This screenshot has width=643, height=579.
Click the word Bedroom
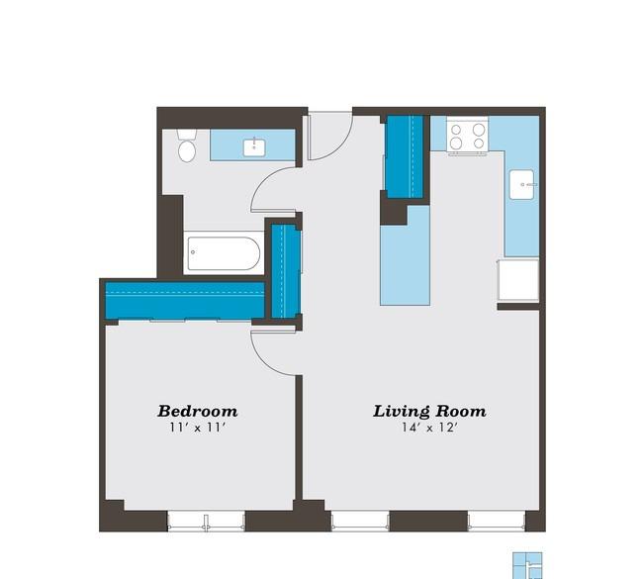click(197, 411)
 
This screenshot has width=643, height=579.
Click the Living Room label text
click(429, 411)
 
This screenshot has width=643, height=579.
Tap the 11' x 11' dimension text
click(198, 428)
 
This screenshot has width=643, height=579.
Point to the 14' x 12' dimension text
click(429, 428)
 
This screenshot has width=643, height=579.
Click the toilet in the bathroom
click(187, 145)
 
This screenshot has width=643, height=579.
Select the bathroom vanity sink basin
click(254, 147)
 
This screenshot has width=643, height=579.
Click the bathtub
click(224, 253)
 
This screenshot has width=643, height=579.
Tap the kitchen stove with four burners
click(467, 136)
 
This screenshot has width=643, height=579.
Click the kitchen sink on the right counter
click(521, 185)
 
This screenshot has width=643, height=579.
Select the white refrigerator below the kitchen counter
click(518, 279)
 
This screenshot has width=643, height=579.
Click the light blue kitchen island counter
click(406, 256)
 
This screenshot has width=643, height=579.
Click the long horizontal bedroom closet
click(185, 300)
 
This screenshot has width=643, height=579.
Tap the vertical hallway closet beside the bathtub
click(286, 271)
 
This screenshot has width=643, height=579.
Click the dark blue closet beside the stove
click(405, 157)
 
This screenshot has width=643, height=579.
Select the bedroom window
click(207, 522)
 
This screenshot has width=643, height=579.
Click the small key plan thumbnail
click(527, 565)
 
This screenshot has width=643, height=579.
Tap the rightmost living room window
click(497, 522)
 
